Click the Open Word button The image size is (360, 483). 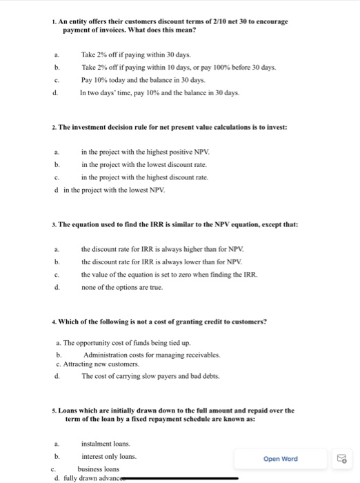coord(280,458)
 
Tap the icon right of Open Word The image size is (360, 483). coord(341,458)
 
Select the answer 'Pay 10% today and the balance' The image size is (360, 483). coord(134,79)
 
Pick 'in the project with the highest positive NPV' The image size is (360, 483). coord(146,152)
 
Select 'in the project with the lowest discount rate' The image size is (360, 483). coord(144,164)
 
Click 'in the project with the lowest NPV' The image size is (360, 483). coord(114,189)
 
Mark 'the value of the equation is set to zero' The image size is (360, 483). coord(169,274)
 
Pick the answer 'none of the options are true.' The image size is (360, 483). coord(122,287)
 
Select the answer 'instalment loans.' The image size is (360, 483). coord(106,444)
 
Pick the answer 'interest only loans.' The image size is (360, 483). coord(109,456)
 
